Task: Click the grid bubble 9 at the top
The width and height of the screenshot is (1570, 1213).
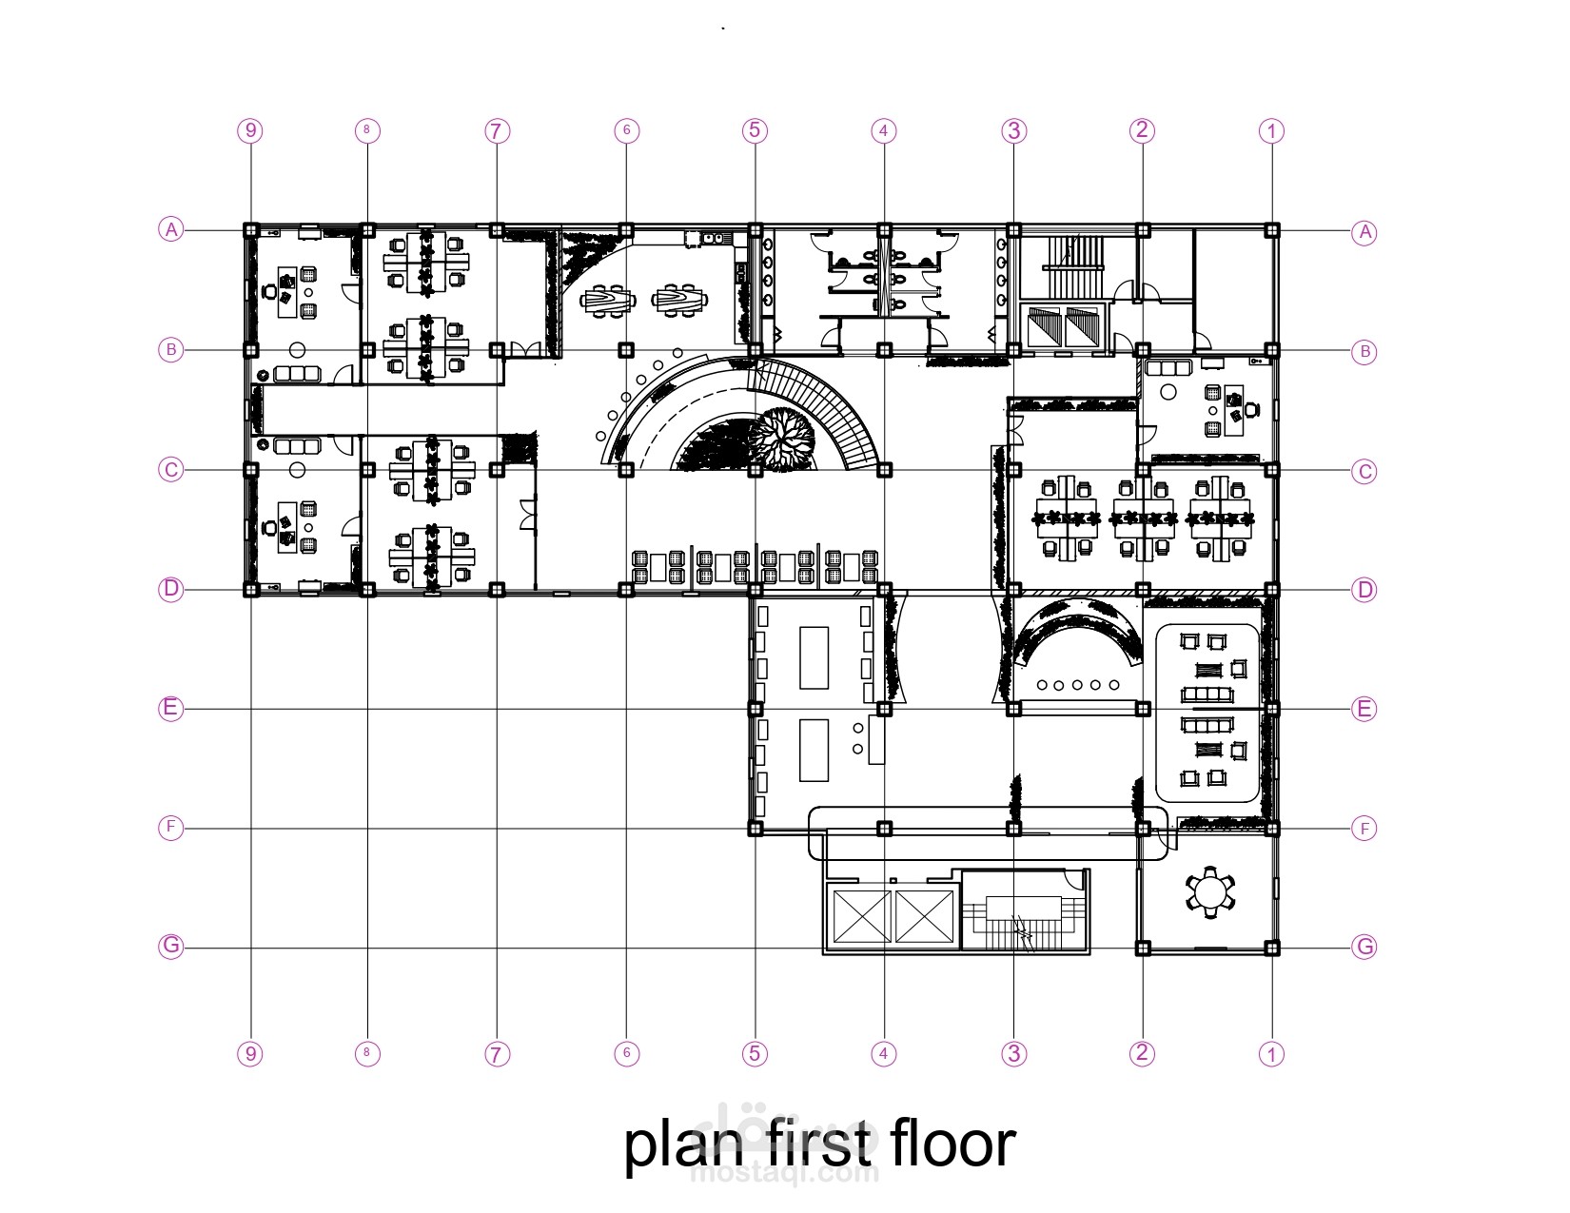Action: pyautogui.click(x=250, y=130)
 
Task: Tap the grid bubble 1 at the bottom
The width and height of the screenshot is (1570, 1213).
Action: pyautogui.click(x=1271, y=1054)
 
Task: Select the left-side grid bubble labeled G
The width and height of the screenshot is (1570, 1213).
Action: pyautogui.click(x=171, y=946)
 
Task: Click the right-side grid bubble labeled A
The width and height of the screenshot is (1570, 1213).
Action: pyautogui.click(x=1364, y=233)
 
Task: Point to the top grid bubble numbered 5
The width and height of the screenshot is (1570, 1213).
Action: pyautogui.click(x=755, y=130)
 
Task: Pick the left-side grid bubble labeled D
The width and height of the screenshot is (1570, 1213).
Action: pyautogui.click(x=171, y=589)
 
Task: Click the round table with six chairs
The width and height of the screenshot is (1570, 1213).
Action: pyautogui.click(x=1210, y=893)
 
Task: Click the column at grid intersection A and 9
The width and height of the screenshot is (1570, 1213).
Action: pyautogui.click(x=250, y=230)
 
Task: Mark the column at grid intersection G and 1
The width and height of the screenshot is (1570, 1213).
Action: pyautogui.click(x=1272, y=948)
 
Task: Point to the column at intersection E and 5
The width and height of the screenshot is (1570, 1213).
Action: pyautogui.click(x=755, y=709)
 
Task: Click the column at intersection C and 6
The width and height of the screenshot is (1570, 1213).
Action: pyautogui.click(x=626, y=470)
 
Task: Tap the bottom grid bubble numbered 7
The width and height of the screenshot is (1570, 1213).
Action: pyautogui.click(x=497, y=1054)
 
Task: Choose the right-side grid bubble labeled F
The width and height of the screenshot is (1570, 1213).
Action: pyautogui.click(x=1364, y=829)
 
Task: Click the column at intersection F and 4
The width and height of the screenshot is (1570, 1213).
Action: pyautogui.click(x=884, y=828)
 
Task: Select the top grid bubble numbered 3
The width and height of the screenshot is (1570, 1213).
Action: pyautogui.click(x=1013, y=130)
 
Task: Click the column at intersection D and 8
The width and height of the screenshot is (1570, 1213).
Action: pyautogui.click(x=367, y=590)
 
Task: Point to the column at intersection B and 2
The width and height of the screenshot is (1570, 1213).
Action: pyautogui.click(x=1143, y=350)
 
